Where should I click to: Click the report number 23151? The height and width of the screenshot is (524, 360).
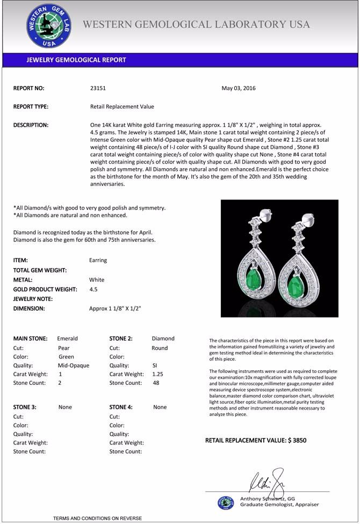tap(98, 88)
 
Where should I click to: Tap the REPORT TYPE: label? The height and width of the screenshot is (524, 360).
tap(31, 106)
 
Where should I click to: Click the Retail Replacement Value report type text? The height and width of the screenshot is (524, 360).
tap(122, 106)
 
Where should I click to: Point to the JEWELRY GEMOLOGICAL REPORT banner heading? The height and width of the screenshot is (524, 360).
tap(76, 60)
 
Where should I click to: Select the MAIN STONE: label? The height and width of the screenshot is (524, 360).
tap(30, 339)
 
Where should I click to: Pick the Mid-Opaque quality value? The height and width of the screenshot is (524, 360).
tap(73, 365)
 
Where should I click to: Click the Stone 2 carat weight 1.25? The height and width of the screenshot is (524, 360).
tap(157, 374)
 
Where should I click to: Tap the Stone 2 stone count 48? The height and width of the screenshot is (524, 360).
tap(156, 383)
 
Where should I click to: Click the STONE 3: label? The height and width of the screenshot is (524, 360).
tap(25, 407)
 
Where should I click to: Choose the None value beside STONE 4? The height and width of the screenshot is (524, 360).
tap(160, 407)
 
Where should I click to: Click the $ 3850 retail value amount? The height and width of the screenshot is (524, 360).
tap(297, 440)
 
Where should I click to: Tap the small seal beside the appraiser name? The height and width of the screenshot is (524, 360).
tap(226, 503)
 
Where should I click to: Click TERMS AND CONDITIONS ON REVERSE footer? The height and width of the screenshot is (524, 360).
tap(97, 518)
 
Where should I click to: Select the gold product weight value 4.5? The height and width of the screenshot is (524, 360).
tap(93, 289)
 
